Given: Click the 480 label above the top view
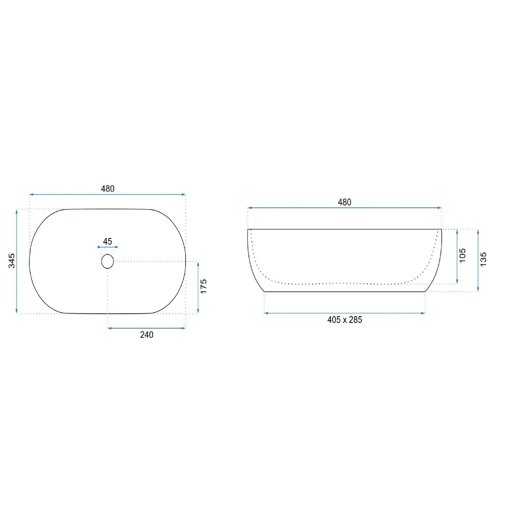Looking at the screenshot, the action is (x=108, y=189).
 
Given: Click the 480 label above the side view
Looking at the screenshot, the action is (x=344, y=203).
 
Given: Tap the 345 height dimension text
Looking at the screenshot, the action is (x=12, y=261).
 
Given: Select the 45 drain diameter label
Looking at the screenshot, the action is (x=108, y=241).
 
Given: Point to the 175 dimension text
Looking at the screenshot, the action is (x=203, y=286).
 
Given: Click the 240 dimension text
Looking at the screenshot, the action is (x=147, y=335).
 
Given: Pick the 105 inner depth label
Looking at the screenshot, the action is (x=462, y=255).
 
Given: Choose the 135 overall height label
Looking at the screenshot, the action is (x=483, y=259).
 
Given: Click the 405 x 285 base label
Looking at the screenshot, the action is (x=345, y=319).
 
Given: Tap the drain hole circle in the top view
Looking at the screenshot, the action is (x=108, y=254).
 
